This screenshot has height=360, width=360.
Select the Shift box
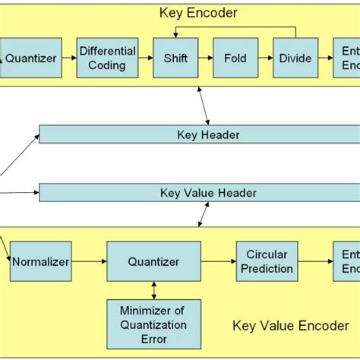click(170, 58)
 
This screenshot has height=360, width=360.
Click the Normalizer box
click(40, 261)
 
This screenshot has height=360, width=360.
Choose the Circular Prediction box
click(265, 261)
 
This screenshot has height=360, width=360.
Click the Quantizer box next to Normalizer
click(154, 261)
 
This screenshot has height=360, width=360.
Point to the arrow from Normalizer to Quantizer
click(88, 261)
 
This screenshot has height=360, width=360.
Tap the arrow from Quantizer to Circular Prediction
click(218, 261)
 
